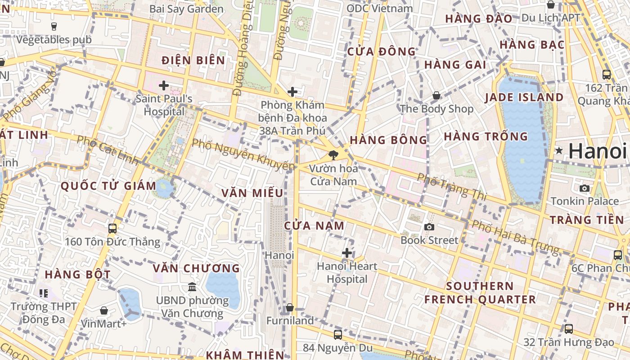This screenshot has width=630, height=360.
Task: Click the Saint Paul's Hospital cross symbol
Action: coord(164,85)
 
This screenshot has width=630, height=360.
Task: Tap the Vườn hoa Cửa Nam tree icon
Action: coord(333,156)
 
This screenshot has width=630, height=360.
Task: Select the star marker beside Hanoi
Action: coord(559,151)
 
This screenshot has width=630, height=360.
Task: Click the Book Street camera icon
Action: coord(429,227)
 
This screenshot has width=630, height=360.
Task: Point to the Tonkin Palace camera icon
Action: coord(585,188)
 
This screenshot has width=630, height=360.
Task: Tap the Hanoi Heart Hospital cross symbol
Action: coord(346,253)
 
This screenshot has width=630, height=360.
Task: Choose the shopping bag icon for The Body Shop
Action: coord(436,95)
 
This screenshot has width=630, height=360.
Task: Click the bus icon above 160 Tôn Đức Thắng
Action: coord(112,229)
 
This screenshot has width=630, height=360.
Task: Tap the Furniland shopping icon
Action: coord(290,308)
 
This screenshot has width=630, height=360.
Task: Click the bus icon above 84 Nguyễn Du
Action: coord(338,335)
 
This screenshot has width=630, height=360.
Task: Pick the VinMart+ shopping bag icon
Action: coord(104,310)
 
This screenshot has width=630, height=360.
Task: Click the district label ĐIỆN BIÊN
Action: coord(193,60)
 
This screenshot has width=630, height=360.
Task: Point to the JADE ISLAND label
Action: coord(524,98)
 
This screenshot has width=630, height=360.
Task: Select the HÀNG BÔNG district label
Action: coord(388,140)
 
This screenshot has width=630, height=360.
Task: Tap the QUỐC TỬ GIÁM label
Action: coord(108,185)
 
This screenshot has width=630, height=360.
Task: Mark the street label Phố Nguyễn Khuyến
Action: coord(243,155)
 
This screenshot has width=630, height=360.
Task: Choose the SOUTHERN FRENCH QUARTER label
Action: coord(480,292)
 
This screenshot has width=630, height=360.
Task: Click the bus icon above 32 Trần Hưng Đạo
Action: coord(569,329)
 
